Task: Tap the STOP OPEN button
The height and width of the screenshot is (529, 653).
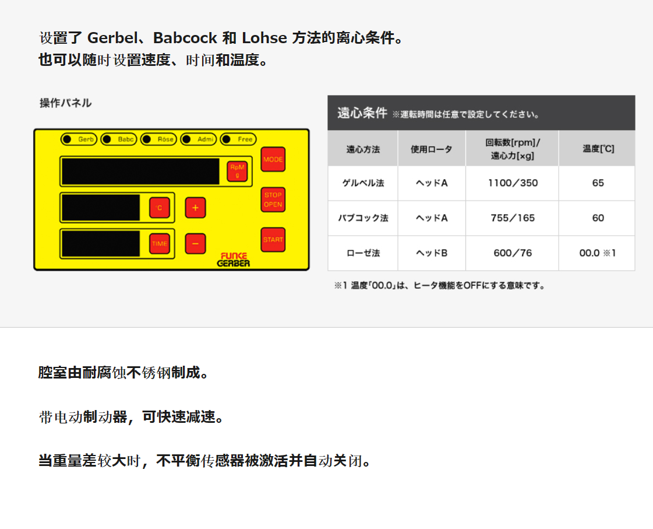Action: click(x=273, y=199)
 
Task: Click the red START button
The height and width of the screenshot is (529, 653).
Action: click(x=273, y=240)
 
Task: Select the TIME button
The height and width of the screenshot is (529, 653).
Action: click(x=160, y=244)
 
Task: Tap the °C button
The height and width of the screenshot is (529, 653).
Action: click(x=160, y=208)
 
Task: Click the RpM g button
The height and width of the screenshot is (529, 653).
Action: click(x=238, y=171)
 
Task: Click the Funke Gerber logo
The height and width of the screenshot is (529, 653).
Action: click(x=234, y=260)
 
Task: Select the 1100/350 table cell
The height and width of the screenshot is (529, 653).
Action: click(x=513, y=183)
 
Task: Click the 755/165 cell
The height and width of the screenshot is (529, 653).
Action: click(x=513, y=218)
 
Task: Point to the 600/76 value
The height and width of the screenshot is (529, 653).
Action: click(x=513, y=253)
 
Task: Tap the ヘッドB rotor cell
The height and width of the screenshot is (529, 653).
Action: click(x=432, y=253)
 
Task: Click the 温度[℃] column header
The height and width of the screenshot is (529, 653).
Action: click(x=598, y=149)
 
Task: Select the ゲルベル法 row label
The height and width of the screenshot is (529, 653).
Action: click(x=363, y=183)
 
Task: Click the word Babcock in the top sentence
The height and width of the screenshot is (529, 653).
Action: click(x=185, y=38)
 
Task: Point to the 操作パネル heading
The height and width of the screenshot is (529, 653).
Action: click(x=65, y=103)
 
